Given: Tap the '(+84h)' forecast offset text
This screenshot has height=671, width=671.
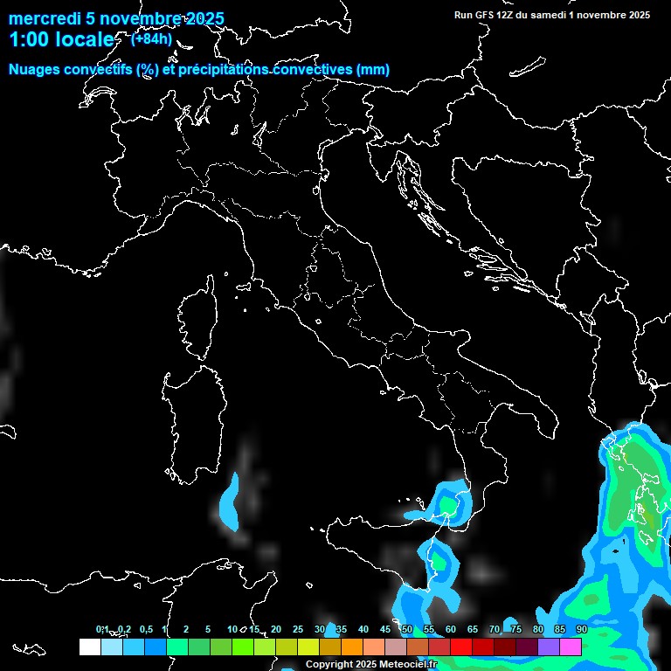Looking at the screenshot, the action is click(x=150, y=38).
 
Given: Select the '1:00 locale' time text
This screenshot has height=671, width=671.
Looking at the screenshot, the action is click(x=61, y=40).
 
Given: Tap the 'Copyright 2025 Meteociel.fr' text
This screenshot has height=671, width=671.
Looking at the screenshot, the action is click(x=371, y=665).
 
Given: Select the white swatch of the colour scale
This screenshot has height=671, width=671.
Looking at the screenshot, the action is click(x=89, y=647).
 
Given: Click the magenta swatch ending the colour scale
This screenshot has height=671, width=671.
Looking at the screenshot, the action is click(x=571, y=647).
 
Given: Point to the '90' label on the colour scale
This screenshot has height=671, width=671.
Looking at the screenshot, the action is click(x=581, y=629).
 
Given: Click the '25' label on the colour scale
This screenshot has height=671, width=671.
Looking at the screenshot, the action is click(x=297, y=629).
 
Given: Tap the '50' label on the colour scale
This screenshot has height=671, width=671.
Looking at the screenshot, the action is click(x=406, y=629).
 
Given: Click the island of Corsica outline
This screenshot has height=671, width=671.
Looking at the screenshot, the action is click(x=197, y=319).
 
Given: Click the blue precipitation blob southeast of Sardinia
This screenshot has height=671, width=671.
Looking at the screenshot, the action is click(x=231, y=502).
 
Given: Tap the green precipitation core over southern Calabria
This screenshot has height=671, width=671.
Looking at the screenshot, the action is click(x=449, y=504).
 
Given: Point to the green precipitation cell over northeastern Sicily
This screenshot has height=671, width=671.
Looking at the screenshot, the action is click(x=438, y=560).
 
